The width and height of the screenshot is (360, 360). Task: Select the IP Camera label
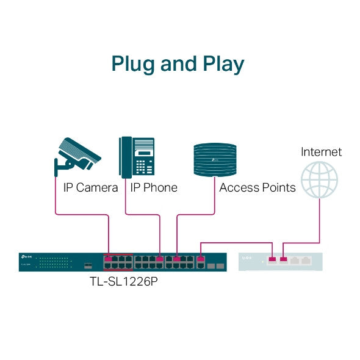90,187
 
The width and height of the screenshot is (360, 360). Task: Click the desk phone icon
136,157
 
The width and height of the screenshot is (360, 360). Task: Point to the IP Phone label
153,187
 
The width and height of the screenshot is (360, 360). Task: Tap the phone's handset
124,157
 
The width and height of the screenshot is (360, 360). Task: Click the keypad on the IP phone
144,167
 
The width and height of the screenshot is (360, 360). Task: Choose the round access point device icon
214,159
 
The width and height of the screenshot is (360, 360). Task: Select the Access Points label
257,187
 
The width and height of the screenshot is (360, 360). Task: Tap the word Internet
321,152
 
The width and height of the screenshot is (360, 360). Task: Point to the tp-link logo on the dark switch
26,256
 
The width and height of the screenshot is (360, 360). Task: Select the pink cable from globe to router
319,220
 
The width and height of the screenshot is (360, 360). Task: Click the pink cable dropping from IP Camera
56,201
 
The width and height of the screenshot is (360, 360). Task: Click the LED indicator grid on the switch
52,263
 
